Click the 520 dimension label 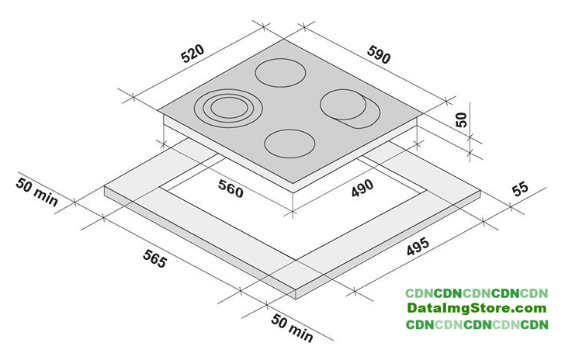click(x=192, y=54)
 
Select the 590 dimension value click(x=379, y=55)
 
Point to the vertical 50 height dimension click(x=461, y=119)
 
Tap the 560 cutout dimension click(x=231, y=189)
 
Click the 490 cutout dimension click(x=362, y=188)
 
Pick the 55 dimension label click(x=520, y=189)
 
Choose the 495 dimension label click(x=418, y=246)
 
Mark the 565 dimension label click(x=155, y=258)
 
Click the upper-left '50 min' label click(x=36, y=192)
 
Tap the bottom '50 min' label click(x=292, y=327)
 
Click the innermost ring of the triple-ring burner click(x=228, y=108)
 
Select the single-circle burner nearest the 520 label click(x=280, y=73)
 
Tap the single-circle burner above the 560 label click(x=289, y=144)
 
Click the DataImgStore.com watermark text click(x=477, y=309)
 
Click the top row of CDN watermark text click(x=477, y=293)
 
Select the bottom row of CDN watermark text click(x=477, y=324)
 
